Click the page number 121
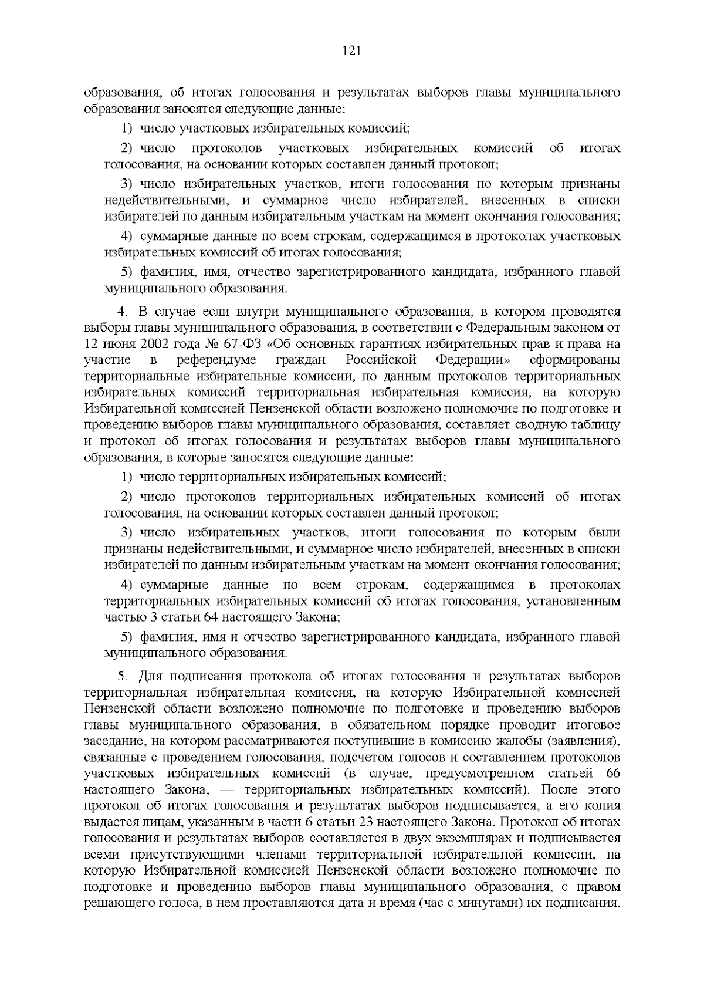coord(351,51)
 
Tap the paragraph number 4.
coord(122,311)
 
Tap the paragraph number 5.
coord(122,677)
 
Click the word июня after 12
coord(119,343)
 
